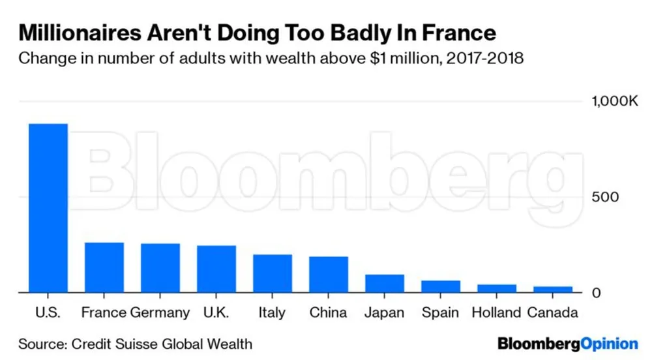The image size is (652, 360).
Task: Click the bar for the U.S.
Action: (48, 208)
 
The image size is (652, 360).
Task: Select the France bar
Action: (104, 267)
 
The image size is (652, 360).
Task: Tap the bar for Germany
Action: (160, 268)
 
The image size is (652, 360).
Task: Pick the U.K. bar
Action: (216, 269)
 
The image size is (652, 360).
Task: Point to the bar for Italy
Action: (273, 273)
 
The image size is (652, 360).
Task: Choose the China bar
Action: (329, 275)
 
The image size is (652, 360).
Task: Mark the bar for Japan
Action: (385, 284)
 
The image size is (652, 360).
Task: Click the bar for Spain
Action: (441, 286)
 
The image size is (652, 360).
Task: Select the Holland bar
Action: (497, 288)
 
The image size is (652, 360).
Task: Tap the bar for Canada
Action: (553, 290)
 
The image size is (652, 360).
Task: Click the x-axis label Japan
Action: (385, 313)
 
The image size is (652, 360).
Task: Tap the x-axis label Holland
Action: (497, 313)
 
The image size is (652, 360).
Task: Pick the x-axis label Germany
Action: (160, 313)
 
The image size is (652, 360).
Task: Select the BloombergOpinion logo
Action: (567, 343)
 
